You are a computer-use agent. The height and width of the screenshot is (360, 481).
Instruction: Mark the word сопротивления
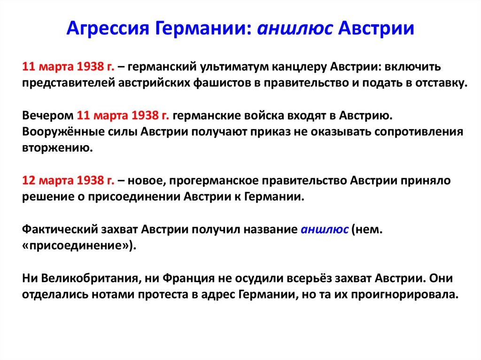(419, 131)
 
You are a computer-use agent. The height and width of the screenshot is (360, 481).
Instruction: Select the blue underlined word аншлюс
(325, 229)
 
